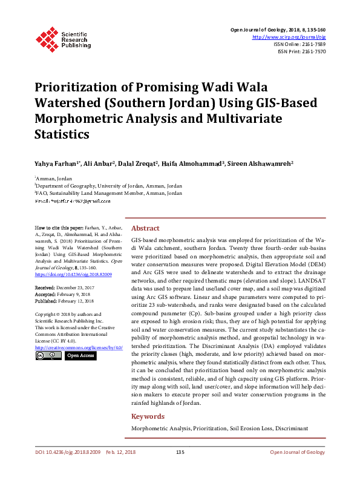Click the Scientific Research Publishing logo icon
pyautogui.click(x=47, y=37)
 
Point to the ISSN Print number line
pyautogui.click(x=301, y=52)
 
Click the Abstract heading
pyautogui.click(x=145, y=228)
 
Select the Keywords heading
pyautogui.click(x=148, y=416)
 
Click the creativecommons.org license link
pyautogui.click(x=71, y=347)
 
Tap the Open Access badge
pyautogui.click(x=80, y=356)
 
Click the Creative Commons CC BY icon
pyautogui.click(x=47, y=356)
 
